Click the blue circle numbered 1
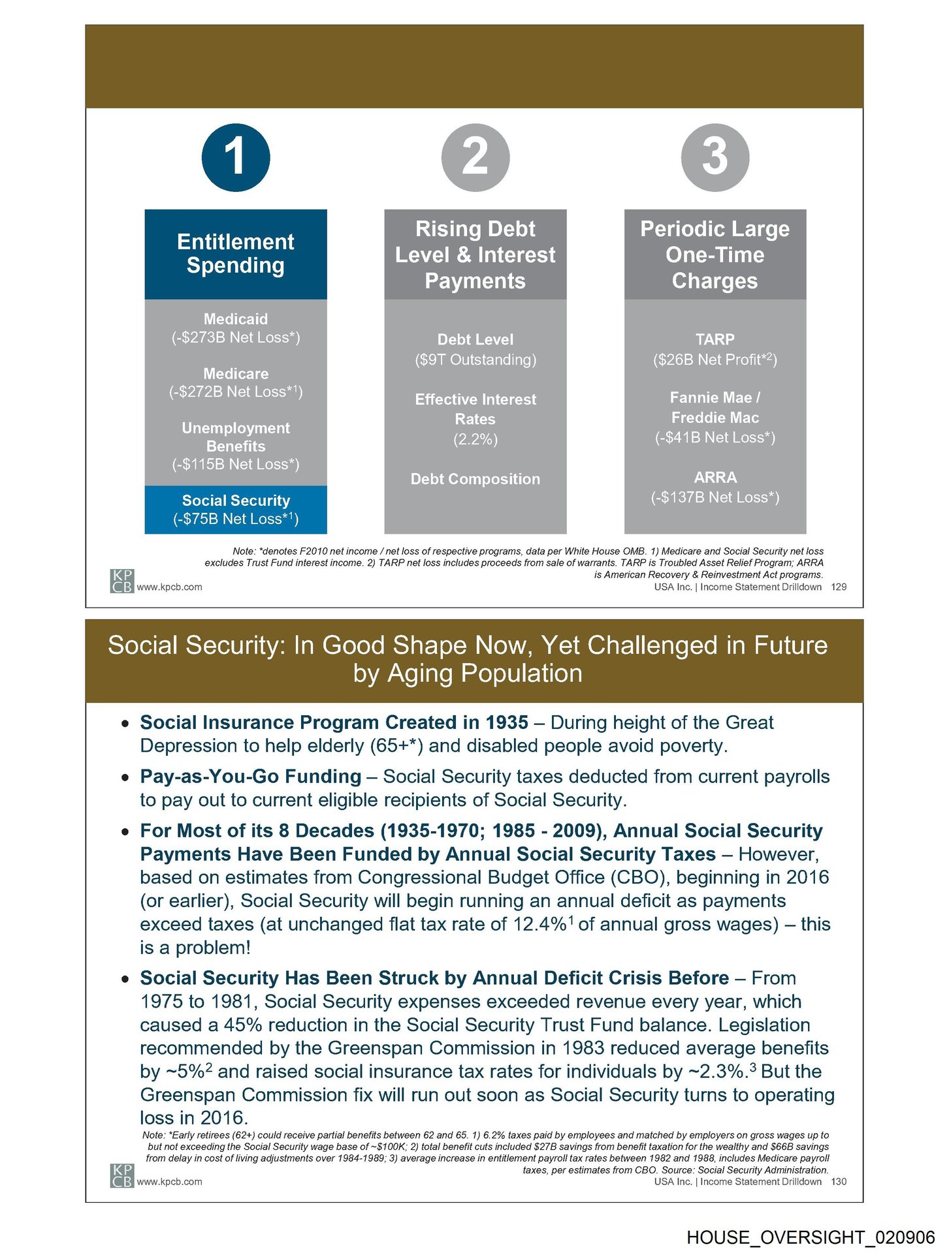pos(235,157)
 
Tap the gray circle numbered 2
pos(475,157)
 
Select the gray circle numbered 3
pos(715,157)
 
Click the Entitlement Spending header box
pos(235,254)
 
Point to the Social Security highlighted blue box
pos(235,509)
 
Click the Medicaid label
pos(235,319)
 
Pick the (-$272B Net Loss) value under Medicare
pos(235,392)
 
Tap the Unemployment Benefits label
pos(235,437)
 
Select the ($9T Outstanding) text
pos(475,360)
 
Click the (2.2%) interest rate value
pos(475,439)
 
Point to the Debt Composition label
pos(475,479)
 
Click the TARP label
pos(715,339)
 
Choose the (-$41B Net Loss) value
pos(715,437)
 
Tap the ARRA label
pos(715,477)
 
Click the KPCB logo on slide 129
pos(121,581)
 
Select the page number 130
pos(838,1181)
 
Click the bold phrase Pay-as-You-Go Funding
pos(250,777)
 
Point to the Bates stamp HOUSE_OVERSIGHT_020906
pos(810,1237)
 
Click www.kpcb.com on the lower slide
pos(169,1181)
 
